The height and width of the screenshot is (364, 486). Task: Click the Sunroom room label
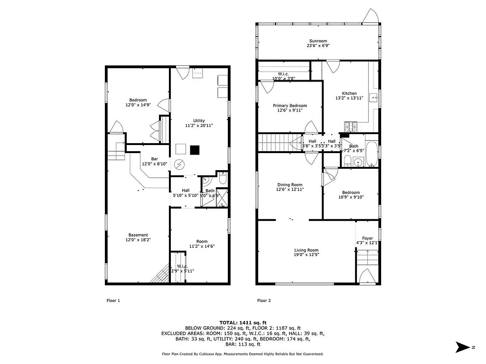pyautogui.click(x=318, y=41)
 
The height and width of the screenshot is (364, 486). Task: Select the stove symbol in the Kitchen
pyautogui.click(x=351, y=127)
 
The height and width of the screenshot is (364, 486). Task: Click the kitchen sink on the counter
pyautogui.click(x=374, y=99)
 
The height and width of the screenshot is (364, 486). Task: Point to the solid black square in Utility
pyautogui.click(x=195, y=150)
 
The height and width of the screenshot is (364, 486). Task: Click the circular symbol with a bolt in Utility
pyautogui.click(x=179, y=164)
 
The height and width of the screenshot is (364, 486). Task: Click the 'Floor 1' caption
pyautogui.click(x=113, y=300)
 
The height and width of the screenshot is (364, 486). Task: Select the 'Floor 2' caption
pyautogui.click(x=264, y=300)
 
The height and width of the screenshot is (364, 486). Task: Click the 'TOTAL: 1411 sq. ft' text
pyautogui.click(x=243, y=322)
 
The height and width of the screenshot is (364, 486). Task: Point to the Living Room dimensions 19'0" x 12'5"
pyautogui.click(x=306, y=255)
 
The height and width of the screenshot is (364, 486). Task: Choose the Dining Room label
pyautogui.click(x=290, y=185)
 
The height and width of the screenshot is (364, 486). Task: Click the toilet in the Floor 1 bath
pyautogui.click(x=223, y=178)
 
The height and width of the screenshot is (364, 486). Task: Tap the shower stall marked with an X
pyautogui.click(x=222, y=198)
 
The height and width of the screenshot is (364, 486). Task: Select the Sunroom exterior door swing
pyautogui.click(x=370, y=16)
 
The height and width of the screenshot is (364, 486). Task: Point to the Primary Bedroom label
pyautogui.click(x=290, y=106)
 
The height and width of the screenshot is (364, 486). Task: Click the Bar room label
pyautogui.click(x=154, y=159)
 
